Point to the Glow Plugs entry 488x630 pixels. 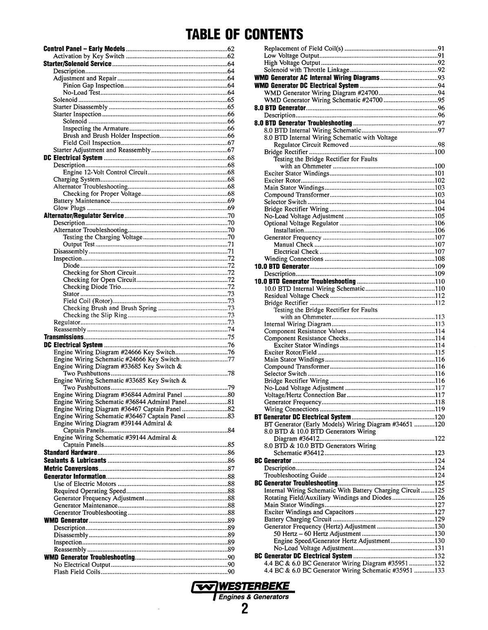pos(69,208)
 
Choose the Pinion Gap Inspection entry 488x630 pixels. pos(93,86)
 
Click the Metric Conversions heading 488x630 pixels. pos(71,468)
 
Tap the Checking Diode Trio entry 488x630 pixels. pos(92,287)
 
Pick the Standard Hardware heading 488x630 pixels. pos(70,453)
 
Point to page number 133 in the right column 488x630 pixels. pos(439,570)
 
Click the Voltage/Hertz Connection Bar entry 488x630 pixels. pos(305,395)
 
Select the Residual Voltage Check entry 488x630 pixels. pos(297,296)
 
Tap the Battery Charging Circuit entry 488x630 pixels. pos(298,519)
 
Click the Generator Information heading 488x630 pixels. pos(75,476)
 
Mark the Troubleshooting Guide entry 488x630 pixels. pos(296,475)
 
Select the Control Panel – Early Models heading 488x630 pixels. pos(84,49)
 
